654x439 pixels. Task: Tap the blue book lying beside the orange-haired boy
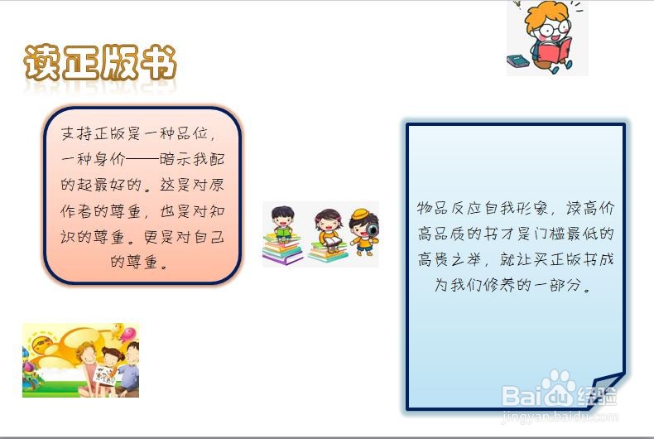[x=517, y=60]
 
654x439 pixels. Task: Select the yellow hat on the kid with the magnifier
[x=359, y=215]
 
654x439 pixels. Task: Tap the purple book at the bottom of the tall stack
[x=281, y=259]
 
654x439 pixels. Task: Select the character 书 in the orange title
[x=157, y=62]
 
